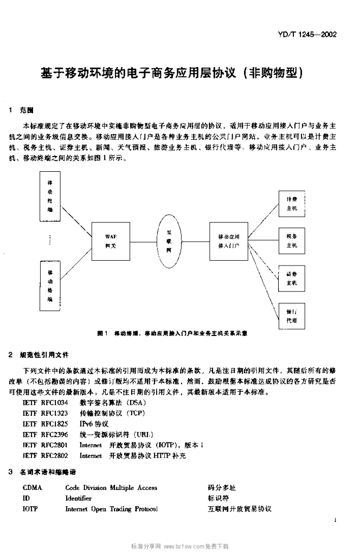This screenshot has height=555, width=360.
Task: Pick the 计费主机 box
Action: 292,204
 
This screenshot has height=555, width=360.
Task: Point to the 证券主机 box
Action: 292,279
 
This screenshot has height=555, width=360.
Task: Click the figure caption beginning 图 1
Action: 173,333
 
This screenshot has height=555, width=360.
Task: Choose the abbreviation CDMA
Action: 32,488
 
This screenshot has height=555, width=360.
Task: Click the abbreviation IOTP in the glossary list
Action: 30,509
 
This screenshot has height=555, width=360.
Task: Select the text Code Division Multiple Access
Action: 111,488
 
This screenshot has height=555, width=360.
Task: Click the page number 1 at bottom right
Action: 336,520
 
